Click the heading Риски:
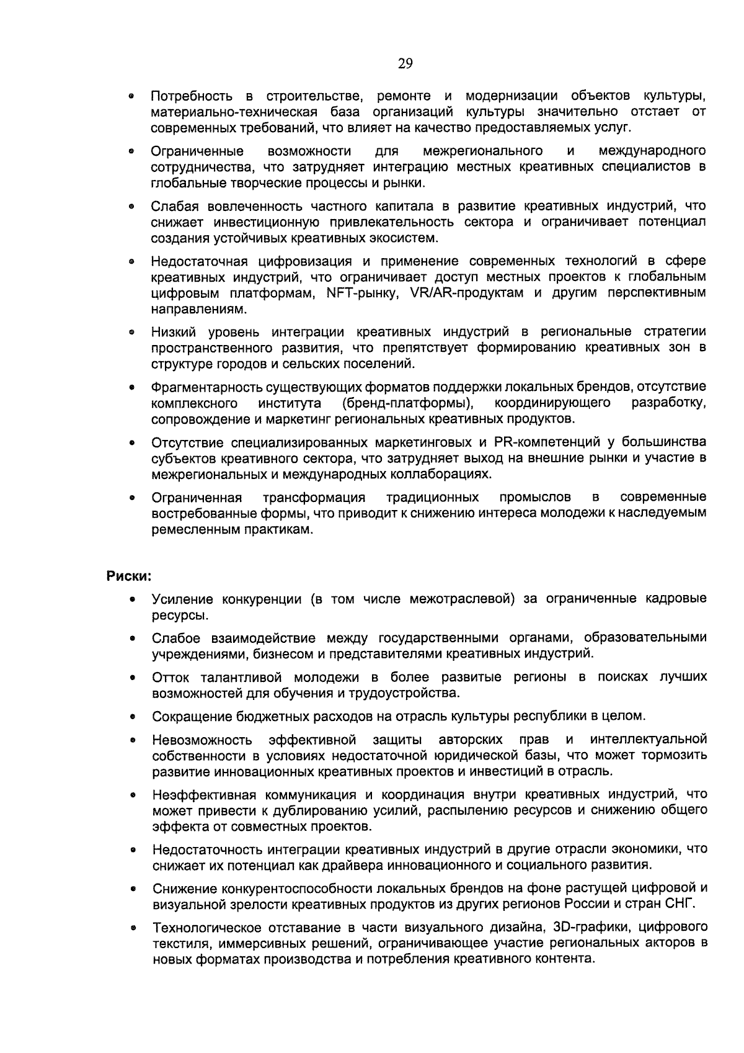128,575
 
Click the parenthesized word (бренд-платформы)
408,403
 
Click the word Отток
170,677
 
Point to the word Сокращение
192,716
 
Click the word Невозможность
202,740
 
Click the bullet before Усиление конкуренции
132,600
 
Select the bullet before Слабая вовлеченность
132,207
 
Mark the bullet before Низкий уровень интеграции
132,333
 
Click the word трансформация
314,498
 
